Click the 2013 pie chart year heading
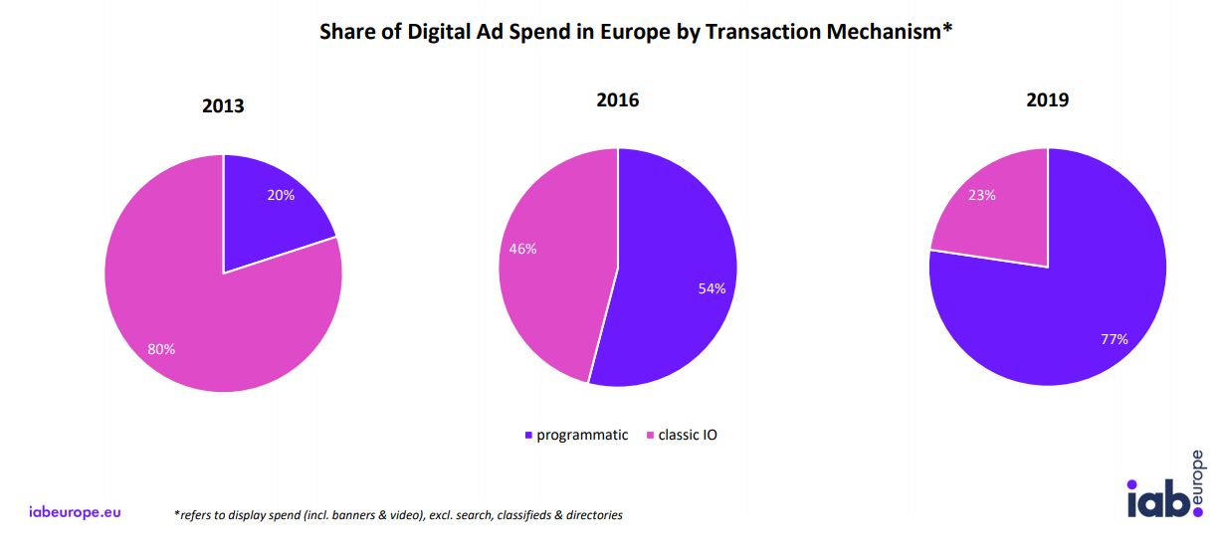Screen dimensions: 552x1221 tap(223, 106)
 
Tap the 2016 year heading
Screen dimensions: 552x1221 tap(617, 99)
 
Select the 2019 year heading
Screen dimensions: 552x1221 tap(1047, 99)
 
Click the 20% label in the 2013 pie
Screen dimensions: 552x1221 tap(281, 196)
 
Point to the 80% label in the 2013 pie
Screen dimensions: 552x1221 tap(161, 349)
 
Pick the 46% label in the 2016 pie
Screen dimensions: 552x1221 tap(522, 249)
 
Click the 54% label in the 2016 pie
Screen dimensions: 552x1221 tap(712, 288)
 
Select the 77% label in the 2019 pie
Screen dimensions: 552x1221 tap(1114, 339)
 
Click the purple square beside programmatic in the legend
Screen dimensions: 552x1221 tap(528, 436)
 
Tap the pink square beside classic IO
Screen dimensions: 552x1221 tap(651, 436)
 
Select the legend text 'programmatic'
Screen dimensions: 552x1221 tap(582, 435)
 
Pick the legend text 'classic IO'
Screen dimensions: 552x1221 tap(688, 435)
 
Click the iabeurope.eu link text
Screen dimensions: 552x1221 tap(76, 512)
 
